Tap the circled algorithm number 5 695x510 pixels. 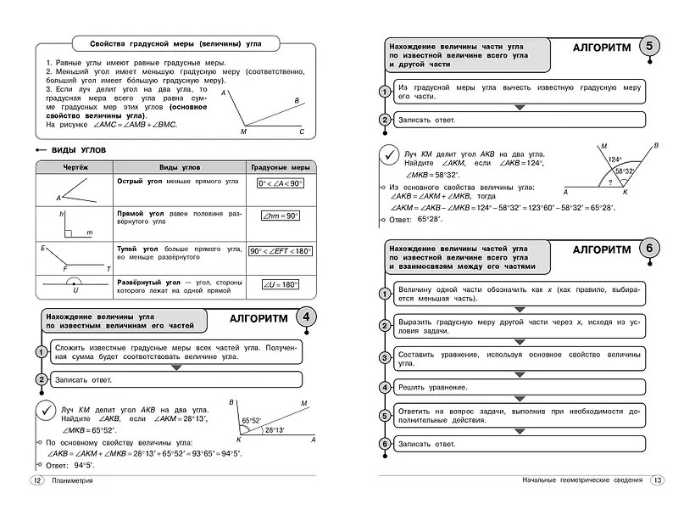click(649, 48)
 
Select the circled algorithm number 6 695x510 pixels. click(649, 250)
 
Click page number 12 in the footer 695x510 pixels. click(36, 481)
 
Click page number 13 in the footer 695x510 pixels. click(657, 481)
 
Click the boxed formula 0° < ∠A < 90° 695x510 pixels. click(281, 183)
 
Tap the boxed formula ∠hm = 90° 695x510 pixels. click(281, 216)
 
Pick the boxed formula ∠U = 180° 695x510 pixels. click(281, 284)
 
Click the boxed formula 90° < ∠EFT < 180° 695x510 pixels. click(281, 251)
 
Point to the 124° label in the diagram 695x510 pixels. click(614, 159)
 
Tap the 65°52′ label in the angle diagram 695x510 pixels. click(252, 420)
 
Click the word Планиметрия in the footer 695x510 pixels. click(72, 481)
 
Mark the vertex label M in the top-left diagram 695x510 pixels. click(244, 132)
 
